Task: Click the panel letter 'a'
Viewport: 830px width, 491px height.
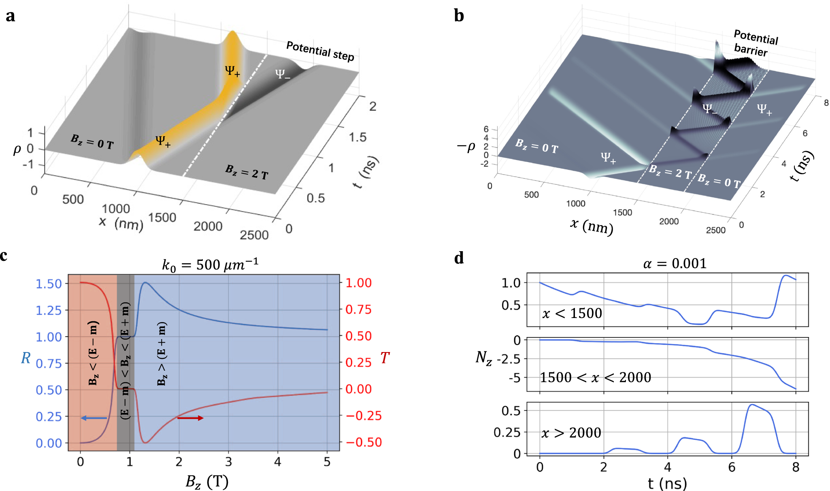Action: (11, 16)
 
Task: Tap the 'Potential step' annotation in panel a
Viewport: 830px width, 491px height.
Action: (320, 51)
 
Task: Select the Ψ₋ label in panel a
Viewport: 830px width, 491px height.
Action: (282, 74)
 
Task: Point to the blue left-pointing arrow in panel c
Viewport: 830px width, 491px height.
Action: (94, 418)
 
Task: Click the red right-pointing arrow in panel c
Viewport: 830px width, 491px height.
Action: (190, 418)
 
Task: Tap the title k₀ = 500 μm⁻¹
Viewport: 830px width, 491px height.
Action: (210, 265)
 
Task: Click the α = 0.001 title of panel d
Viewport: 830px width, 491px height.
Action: (675, 264)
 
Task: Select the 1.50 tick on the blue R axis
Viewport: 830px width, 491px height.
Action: (49, 284)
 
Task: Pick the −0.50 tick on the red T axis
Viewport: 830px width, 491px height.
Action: (363, 442)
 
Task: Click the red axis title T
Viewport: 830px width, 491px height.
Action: (384, 358)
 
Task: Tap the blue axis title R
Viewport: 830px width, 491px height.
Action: (26, 358)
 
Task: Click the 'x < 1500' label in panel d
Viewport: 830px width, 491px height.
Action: (572, 313)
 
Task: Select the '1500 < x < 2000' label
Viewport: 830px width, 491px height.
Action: (595, 378)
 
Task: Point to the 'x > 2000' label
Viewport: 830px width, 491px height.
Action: (571, 433)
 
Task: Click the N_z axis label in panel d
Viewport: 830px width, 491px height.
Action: (484, 358)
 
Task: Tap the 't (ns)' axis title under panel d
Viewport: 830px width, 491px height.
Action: (667, 483)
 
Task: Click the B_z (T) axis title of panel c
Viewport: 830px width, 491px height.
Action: (207, 482)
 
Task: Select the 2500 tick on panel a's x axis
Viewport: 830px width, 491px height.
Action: (254, 235)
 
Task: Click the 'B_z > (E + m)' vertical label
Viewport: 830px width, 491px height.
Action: (162, 353)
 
